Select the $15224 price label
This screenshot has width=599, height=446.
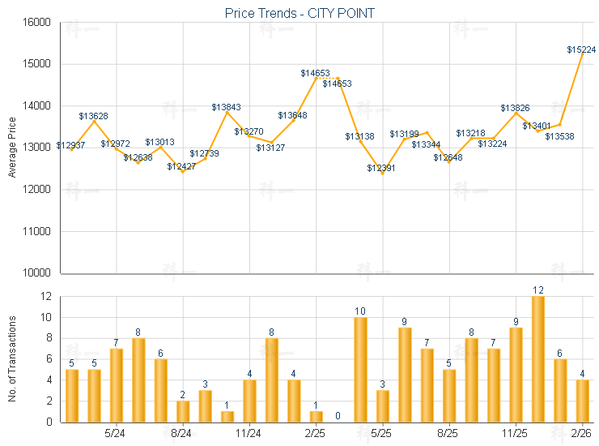point(581,49)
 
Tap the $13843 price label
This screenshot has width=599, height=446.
point(226,107)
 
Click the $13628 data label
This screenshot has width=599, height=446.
point(94,116)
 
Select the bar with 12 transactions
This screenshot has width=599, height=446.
point(537,358)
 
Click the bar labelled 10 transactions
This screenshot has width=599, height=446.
point(360,369)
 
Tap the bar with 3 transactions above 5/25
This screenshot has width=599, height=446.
point(383,405)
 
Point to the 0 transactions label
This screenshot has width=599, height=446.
point(338,416)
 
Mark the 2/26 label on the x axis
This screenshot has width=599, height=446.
point(582,434)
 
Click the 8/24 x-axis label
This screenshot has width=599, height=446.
point(182,434)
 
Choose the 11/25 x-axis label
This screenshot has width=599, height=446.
point(516,434)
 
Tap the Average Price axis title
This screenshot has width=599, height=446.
point(12,148)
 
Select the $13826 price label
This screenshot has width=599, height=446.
point(515,108)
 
